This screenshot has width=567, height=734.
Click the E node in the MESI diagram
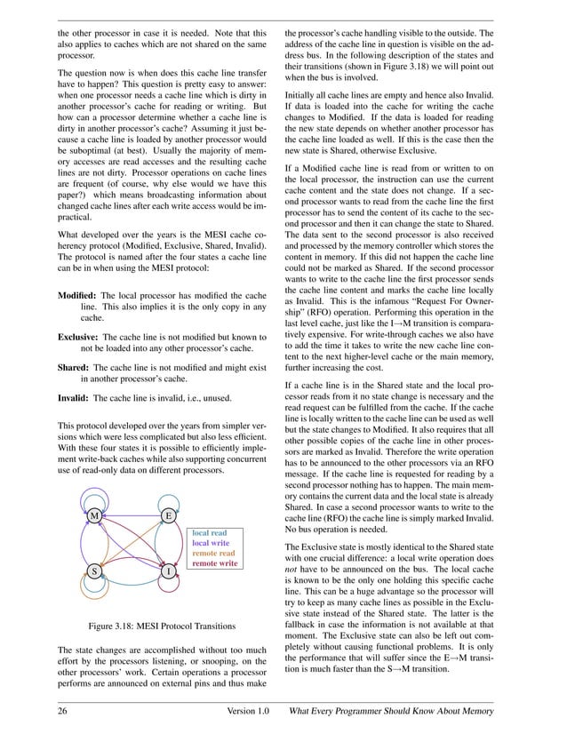[168, 515]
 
